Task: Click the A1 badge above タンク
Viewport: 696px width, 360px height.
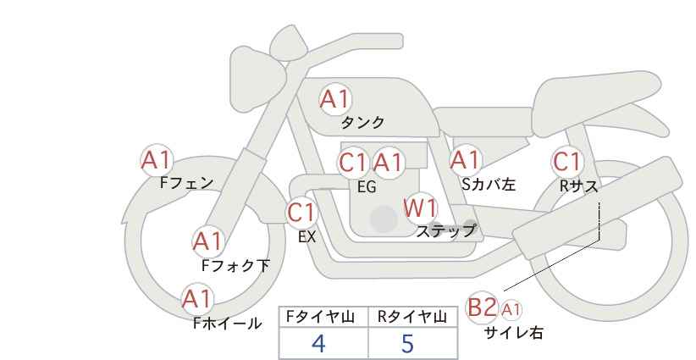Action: (x=334, y=99)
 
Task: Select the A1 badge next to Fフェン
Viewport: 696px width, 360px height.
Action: (x=157, y=158)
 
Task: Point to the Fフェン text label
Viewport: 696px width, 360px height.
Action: (x=186, y=182)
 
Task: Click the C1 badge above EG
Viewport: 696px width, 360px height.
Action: (x=353, y=162)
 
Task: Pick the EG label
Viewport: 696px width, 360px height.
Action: (x=366, y=187)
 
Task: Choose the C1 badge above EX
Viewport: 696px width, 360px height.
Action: (x=301, y=212)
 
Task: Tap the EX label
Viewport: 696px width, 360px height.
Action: (x=307, y=237)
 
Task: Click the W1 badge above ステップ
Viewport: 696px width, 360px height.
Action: (x=419, y=208)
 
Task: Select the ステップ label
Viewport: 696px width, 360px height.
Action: (x=445, y=230)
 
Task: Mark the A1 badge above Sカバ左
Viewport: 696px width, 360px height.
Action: (x=465, y=159)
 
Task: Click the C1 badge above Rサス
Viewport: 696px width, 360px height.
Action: (x=566, y=161)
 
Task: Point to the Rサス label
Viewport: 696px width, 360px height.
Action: (x=578, y=186)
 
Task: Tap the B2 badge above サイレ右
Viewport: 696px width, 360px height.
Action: (x=482, y=307)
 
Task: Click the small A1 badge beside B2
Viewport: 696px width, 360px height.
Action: (x=511, y=309)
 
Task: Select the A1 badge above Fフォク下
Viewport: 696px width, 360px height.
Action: (x=207, y=241)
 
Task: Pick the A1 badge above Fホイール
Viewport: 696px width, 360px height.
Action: (x=197, y=298)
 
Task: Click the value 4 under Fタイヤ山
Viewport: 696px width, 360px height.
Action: (x=318, y=343)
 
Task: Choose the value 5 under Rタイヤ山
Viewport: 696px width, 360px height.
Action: (x=408, y=343)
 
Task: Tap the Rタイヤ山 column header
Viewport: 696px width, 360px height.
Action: (x=412, y=317)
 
